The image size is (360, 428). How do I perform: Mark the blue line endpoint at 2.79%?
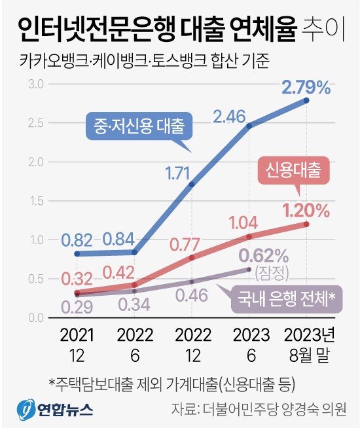point(306,100)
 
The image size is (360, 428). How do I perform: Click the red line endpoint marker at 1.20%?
point(306,224)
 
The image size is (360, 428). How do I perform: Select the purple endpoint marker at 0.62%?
point(249,269)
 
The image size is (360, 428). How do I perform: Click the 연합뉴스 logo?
point(55,410)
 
